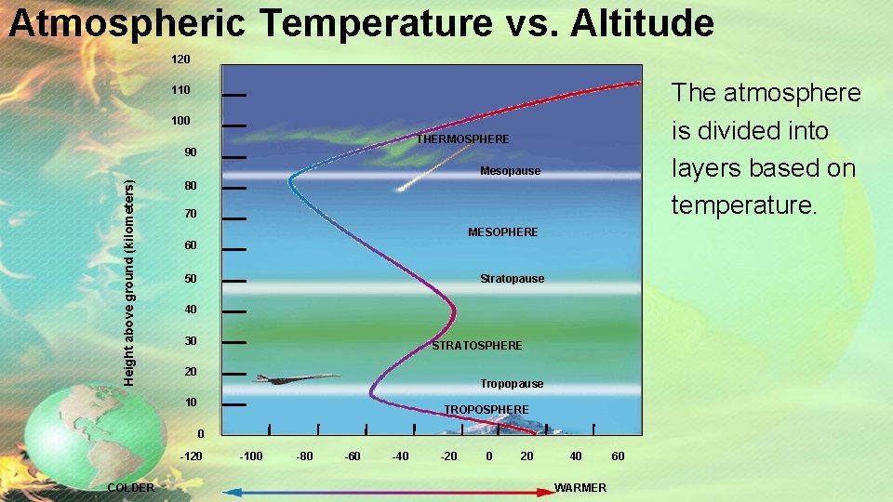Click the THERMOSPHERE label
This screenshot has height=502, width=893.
point(462,139)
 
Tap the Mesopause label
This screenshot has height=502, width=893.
point(510,171)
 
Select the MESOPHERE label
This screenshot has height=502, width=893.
point(502,231)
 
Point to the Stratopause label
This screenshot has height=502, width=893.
point(512,279)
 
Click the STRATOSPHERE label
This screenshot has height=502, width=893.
point(477,346)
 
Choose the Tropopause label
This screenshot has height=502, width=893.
point(512,384)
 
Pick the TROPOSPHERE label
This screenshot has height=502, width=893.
point(486,410)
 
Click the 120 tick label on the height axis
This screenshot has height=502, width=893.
point(180,59)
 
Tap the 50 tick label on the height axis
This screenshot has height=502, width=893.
point(191,279)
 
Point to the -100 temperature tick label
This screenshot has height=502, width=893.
point(250,456)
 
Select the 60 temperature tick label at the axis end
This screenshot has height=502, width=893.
point(619,456)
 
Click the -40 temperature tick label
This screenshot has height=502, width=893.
point(400,456)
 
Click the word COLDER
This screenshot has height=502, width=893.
point(131,488)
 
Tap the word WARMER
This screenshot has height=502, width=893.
point(580,488)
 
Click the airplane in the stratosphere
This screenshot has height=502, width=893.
point(296,378)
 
